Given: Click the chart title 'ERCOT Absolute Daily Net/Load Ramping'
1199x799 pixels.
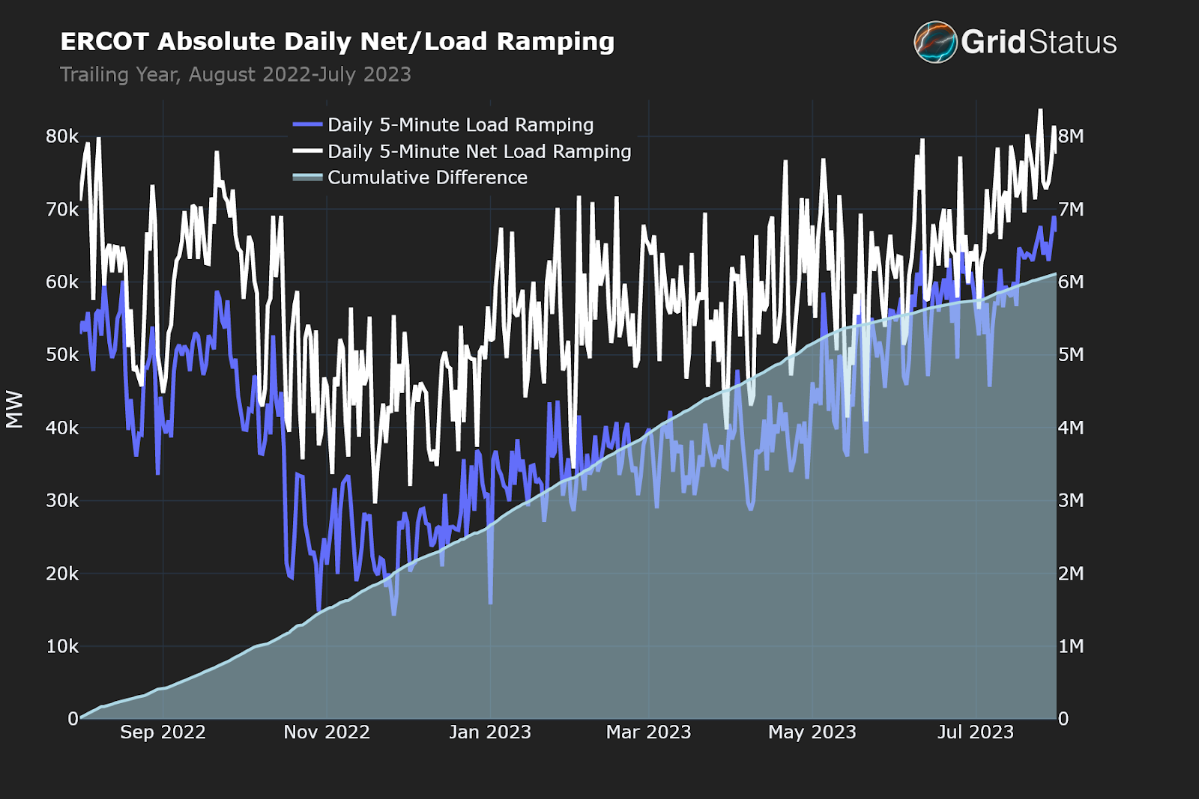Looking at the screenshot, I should tap(337, 42).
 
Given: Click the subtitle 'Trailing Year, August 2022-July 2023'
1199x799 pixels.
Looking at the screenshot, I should tap(235, 75).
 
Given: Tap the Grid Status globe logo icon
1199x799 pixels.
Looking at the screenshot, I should tap(935, 42).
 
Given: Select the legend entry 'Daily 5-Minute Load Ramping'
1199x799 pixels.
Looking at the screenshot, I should tap(460, 125).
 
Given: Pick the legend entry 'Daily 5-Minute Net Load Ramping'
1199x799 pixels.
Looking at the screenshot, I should tap(479, 151).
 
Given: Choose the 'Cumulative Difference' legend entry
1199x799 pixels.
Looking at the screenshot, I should tap(427, 177).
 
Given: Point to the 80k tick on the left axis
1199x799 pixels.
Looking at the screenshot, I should tap(62, 136).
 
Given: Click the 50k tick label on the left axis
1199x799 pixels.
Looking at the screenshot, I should tap(62, 355).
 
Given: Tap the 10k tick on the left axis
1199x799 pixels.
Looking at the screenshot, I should tap(62, 646).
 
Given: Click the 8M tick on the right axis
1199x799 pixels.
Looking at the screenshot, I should tap(1071, 136).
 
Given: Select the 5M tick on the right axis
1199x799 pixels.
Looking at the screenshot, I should tap(1071, 355).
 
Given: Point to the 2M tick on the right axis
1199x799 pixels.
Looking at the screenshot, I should tap(1071, 574).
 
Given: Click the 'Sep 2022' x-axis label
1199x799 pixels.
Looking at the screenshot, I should tap(163, 732).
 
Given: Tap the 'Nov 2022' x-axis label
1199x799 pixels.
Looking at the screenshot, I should tap(327, 732).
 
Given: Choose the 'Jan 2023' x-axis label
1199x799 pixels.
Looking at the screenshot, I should tap(490, 732).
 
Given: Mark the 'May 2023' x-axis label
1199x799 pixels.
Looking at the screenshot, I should tap(812, 732).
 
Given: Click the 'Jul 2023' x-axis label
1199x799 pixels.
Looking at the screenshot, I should tap(976, 732).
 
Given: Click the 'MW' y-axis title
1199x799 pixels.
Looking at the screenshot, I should tap(15, 410).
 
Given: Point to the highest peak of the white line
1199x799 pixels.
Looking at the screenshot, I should tap(1040, 111).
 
